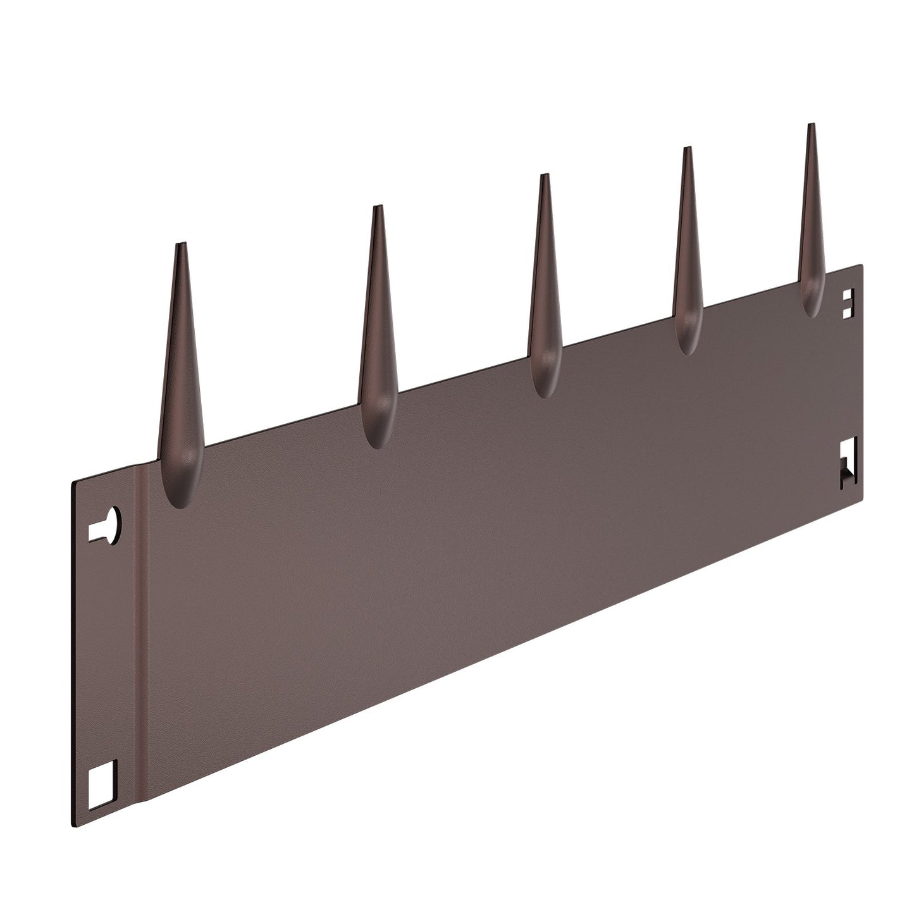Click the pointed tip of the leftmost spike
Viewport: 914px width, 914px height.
click(x=180, y=244)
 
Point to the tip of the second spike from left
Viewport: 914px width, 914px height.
click(x=378, y=207)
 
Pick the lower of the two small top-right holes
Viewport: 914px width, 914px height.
click(x=849, y=311)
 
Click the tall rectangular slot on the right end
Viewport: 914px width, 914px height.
click(x=847, y=463)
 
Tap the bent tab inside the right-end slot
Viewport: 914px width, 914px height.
click(x=845, y=476)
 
